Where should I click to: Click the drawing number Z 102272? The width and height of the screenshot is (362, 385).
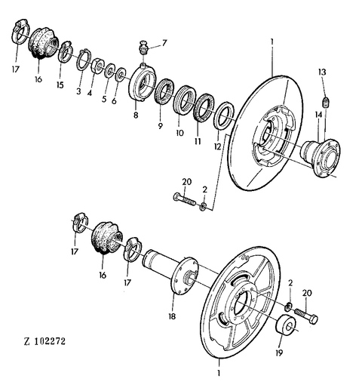44,341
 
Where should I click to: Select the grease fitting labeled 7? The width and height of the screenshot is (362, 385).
143,48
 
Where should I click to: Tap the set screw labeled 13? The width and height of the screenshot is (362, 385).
326,102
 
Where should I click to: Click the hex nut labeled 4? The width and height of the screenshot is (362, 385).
97,66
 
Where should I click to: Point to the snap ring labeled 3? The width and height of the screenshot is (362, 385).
84,60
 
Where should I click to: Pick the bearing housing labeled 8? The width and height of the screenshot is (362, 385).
142,82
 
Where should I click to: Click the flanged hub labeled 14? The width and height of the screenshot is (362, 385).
321,157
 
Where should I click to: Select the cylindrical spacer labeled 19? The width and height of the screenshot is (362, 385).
287,326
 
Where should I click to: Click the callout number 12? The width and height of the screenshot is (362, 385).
217,146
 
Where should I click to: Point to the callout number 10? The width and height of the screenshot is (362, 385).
179,132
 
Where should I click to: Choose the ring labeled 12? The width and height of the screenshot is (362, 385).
224,115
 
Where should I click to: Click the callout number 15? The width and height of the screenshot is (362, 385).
60,85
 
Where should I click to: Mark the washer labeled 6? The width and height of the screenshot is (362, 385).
120,74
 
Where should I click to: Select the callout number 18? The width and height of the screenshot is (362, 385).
172,316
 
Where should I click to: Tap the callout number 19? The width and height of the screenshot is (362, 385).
279,353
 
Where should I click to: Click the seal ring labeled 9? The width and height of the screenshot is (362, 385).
165,91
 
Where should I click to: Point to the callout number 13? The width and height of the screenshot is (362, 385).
322,72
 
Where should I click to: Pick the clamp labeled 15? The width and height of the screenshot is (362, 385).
65,52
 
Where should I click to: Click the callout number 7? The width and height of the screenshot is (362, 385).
164,43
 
